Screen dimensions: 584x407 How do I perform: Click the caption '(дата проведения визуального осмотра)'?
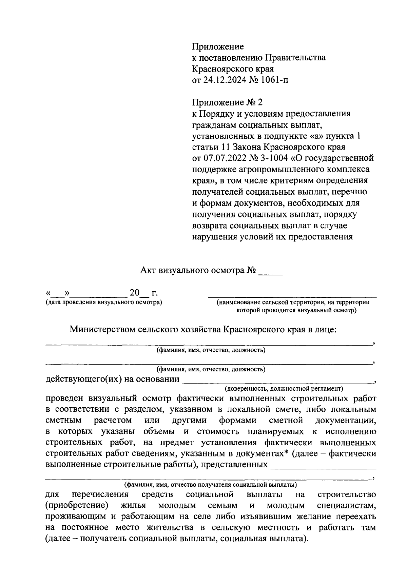[x=104, y=302]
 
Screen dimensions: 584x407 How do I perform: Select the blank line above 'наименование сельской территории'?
[x=292, y=296]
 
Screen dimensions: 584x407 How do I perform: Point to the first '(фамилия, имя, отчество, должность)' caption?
[x=211, y=350]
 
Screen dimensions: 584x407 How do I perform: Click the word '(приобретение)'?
[x=77, y=505]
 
